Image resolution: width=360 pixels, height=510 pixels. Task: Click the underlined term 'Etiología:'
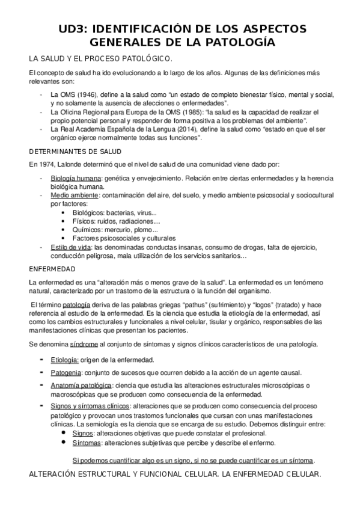click(65, 360)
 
